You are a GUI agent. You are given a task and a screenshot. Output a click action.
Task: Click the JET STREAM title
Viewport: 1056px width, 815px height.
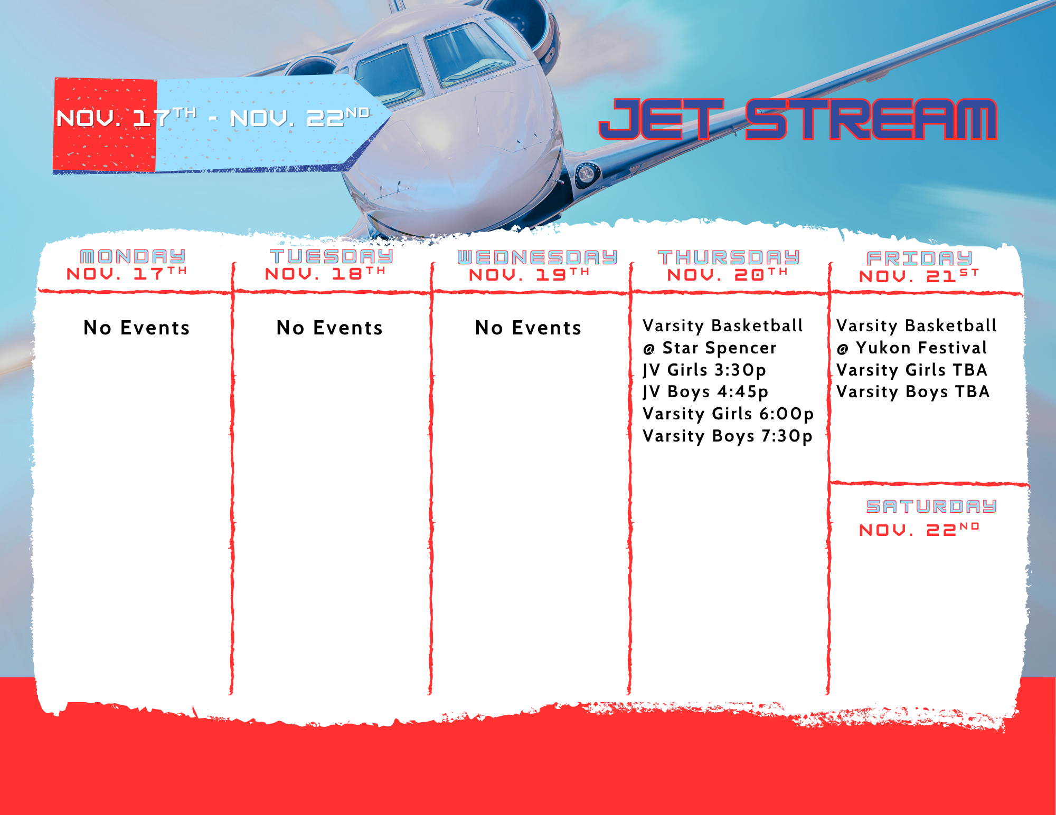pyautogui.click(x=797, y=119)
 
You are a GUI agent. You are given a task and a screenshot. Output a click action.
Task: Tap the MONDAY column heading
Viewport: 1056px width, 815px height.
pyautogui.click(x=133, y=256)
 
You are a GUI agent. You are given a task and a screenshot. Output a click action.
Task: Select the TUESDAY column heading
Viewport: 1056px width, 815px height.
pyautogui.click(x=331, y=256)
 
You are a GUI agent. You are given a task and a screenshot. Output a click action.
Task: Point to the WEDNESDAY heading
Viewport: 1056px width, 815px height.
pyautogui.click(x=537, y=257)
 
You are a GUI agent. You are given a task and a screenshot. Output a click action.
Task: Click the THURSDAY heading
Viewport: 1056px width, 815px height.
pyautogui.click(x=729, y=257)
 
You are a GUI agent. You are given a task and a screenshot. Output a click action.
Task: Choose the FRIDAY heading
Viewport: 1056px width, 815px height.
pyautogui.click(x=919, y=258)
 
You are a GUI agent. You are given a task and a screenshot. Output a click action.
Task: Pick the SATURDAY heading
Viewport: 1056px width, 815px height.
pyautogui.click(x=931, y=506)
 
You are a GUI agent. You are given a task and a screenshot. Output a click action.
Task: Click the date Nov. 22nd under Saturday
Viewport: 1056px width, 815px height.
pyautogui.click(x=919, y=530)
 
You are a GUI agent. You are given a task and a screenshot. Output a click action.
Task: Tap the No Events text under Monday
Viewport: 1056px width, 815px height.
pyautogui.click(x=137, y=328)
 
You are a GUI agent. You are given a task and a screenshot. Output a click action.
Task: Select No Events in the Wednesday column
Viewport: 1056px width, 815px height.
pyautogui.click(x=528, y=328)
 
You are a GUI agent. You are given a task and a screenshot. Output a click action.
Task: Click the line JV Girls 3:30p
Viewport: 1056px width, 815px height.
pyautogui.click(x=704, y=370)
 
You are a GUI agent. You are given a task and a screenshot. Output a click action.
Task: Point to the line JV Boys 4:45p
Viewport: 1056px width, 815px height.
pyautogui.click(x=705, y=392)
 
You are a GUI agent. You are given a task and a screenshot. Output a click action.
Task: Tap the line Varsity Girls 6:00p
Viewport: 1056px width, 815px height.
pyautogui.click(x=728, y=414)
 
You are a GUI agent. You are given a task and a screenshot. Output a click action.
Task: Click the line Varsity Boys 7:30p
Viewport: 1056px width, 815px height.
pyautogui.click(x=728, y=436)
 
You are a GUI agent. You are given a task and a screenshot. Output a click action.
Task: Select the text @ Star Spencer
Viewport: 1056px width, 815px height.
pyautogui.click(x=710, y=348)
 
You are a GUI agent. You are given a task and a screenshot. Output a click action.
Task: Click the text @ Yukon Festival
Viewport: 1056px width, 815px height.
pyautogui.click(x=912, y=348)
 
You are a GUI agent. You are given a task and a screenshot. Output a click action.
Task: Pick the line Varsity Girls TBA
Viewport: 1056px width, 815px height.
pyautogui.click(x=912, y=370)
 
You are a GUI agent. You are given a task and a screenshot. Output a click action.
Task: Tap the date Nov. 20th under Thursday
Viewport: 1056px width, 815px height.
pyautogui.click(x=728, y=274)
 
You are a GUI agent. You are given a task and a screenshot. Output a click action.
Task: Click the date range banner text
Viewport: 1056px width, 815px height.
pyautogui.click(x=213, y=118)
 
